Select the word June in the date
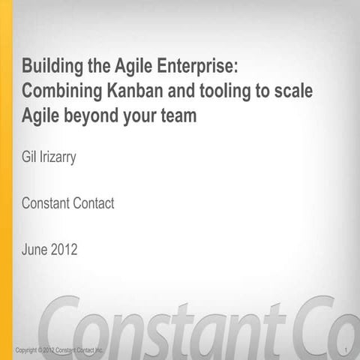pyautogui.click(x=37, y=248)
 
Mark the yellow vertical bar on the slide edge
pyautogui.click(x=6, y=180)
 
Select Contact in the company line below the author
pyautogui.click(x=91, y=203)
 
